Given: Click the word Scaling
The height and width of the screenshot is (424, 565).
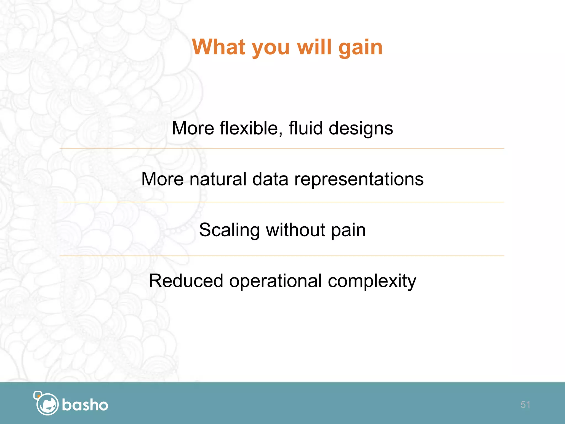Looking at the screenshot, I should pyautogui.click(x=229, y=230).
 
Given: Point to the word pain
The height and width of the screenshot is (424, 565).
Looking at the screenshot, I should pyautogui.click(x=348, y=230).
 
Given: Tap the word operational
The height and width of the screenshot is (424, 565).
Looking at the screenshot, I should pyautogui.click(x=275, y=281).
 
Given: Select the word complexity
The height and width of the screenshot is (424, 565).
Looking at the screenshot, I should pyautogui.click(x=372, y=281).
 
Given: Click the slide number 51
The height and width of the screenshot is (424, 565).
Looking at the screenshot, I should pyautogui.click(x=525, y=405).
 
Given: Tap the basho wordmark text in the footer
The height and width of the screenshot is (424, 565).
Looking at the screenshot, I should pyautogui.click(x=85, y=405).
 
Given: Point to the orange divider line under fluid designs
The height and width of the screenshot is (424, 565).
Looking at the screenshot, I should pyautogui.click(x=281, y=149).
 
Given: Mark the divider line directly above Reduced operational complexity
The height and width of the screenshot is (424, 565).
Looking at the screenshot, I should pyautogui.click(x=281, y=256).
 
